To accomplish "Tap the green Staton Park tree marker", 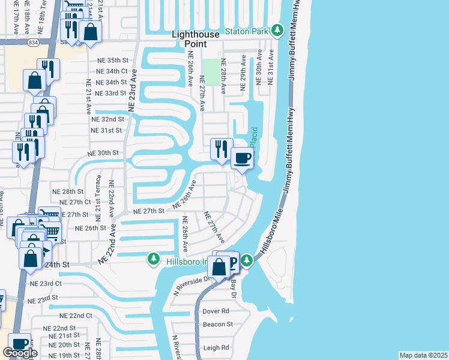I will [x=277, y=30].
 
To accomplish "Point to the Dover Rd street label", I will [x=216, y=311].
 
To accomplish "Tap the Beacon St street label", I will [x=217, y=324].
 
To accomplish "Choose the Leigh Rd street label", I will [x=216, y=347].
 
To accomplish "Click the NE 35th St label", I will [x=113, y=61].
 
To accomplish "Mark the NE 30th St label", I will [x=97, y=153].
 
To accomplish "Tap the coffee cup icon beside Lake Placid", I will [x=243, y=158].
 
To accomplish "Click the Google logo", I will [x=20, y=353].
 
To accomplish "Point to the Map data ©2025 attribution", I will [x=423, y=355].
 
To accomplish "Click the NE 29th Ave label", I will [x=244, y=73].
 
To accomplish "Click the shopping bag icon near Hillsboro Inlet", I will [x=219, y=266].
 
